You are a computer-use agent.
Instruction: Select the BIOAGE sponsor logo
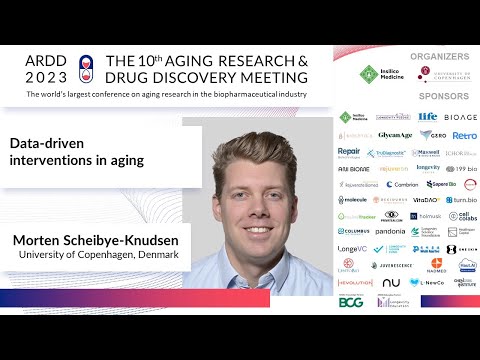tap(461, 117)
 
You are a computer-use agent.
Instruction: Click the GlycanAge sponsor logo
tap(395, 135)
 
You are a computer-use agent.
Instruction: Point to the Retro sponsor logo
tap(464, 135)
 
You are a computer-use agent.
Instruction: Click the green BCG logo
tap(351, 299)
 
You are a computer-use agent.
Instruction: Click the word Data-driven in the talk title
tap(46, 143)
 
